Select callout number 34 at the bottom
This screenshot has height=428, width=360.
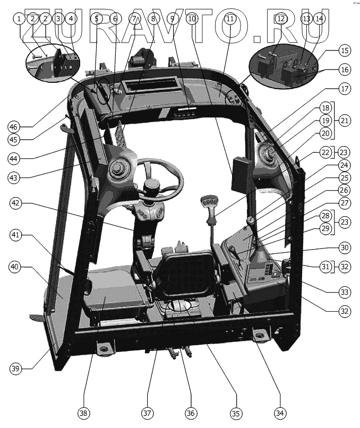280,413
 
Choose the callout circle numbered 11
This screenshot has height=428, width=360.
229,19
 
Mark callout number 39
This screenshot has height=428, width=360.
17,369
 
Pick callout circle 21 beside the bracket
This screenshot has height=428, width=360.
345,121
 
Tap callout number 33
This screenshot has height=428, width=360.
345,292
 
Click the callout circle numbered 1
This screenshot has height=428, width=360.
20,19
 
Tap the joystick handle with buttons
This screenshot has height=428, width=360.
209,205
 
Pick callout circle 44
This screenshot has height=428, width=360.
17,158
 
